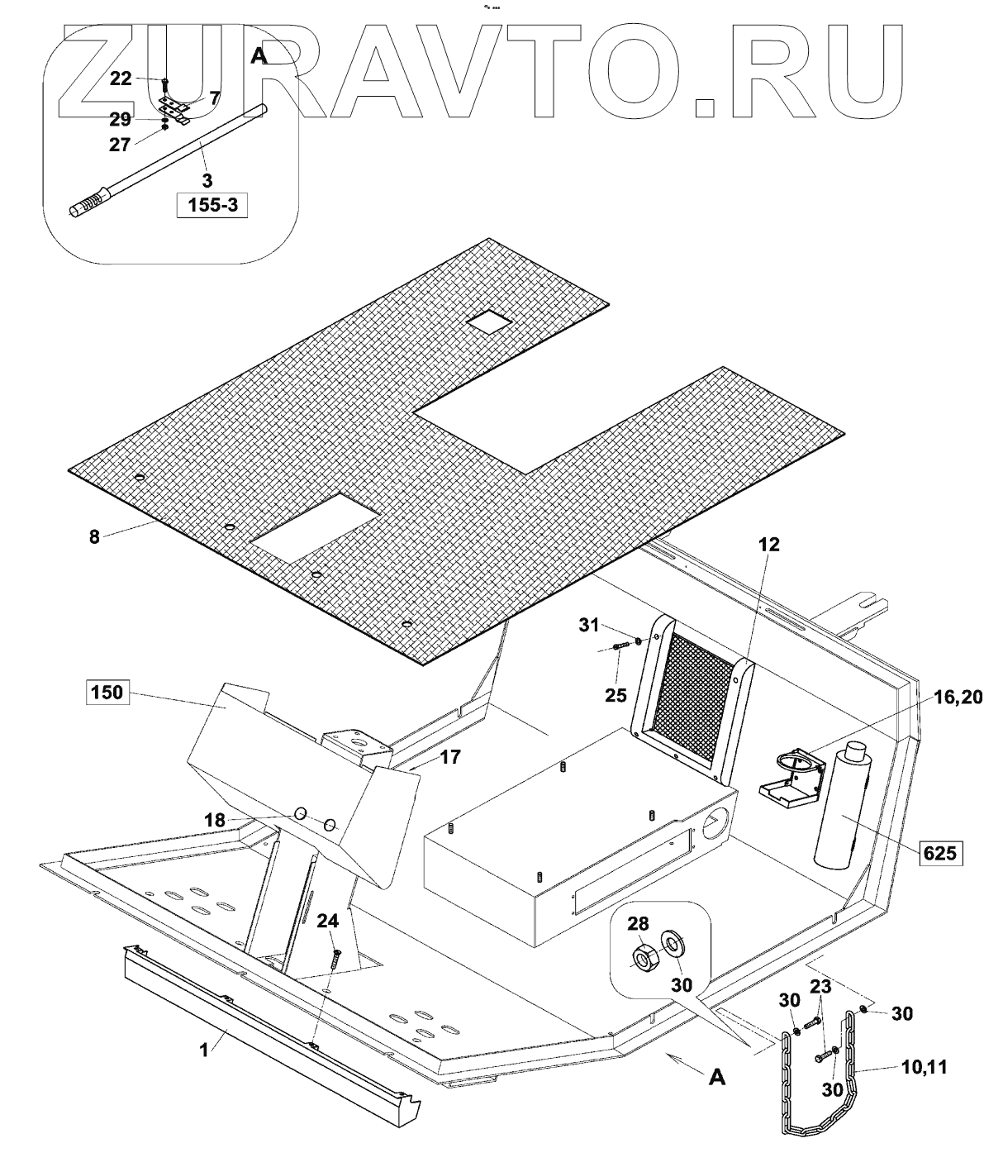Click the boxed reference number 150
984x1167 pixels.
pos(107,692)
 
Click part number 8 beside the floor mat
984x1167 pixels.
pos(94,536)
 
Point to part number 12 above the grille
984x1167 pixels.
pos(771,545)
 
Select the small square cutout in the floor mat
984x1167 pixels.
pos(488,323)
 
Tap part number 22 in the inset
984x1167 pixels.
pos(121,78)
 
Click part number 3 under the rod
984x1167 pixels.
pos(207,179)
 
